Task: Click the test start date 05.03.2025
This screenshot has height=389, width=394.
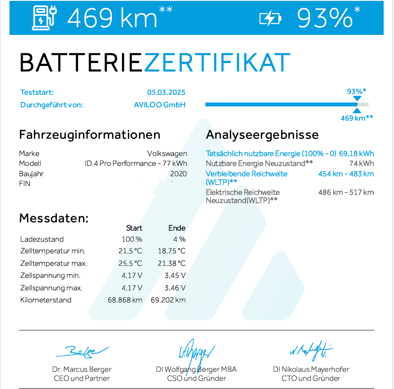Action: [x=166, y=92]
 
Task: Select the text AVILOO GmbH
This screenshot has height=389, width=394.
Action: [x=160, y=105]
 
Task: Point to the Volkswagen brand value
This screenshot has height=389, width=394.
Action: [x=167, y=153]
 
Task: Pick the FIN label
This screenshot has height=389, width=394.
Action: [x=25, y=184]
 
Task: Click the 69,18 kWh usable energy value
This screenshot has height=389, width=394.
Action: [x=356, y=153]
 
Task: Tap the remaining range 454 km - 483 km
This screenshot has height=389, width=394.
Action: [x=346, y=174]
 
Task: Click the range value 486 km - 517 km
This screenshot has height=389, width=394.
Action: [x=346, y=192]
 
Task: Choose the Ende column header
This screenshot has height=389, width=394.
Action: [x=177, y=228]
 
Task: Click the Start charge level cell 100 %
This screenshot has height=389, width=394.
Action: [x=132, y=239]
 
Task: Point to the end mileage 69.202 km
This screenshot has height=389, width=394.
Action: [x=168, y=300]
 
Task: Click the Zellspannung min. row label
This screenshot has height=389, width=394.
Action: [x=50, y=275]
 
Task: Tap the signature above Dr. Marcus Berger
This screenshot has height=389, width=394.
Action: [x=81, y=352]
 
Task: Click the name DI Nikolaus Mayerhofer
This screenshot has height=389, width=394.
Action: [x=311, y=369]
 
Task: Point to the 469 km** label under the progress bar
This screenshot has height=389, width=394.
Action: [x=357, y=118]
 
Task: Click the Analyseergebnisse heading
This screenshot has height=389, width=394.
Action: [x=262, y=134]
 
